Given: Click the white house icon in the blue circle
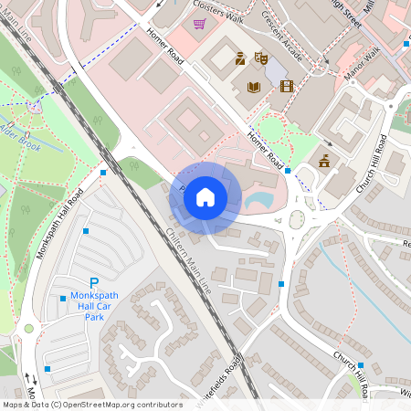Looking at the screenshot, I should pos(205,195).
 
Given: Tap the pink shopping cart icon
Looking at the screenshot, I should pos(199,25).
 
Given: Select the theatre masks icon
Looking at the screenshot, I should pos(260,58).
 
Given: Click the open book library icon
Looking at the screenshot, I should pos(255,87).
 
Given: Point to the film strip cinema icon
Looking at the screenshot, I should pos(288,87).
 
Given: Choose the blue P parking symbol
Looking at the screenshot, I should pos(93,284).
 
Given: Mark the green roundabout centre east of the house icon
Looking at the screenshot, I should pos(298,218).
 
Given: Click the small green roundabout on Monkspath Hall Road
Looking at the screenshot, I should pos(28,328).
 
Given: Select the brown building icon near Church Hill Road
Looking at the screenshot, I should pos(324,162).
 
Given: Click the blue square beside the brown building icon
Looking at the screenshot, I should pos(288,170).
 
